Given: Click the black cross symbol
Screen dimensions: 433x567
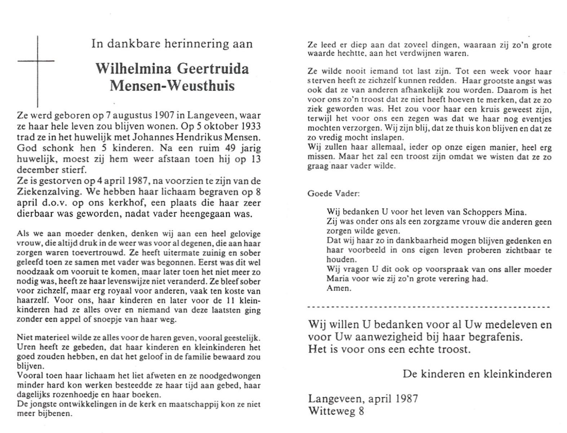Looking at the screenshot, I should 38,69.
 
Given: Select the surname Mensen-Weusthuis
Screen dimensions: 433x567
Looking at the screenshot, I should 172,86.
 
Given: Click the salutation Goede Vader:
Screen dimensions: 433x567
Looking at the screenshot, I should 333,194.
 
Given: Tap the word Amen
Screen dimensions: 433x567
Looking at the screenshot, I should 338,288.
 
